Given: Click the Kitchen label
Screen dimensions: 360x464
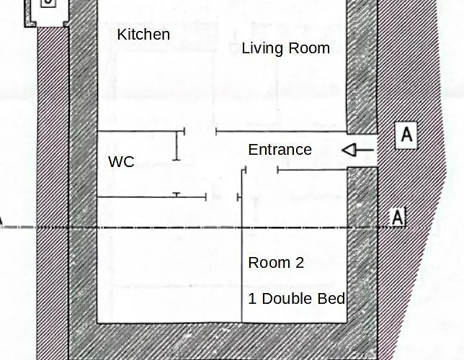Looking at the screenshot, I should coord(143,35).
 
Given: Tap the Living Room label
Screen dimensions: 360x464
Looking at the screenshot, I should coord(285,48).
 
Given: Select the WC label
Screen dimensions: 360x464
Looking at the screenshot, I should coord(121,161).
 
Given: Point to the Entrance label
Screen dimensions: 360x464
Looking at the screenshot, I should coord(280,150).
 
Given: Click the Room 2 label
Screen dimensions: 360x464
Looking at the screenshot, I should coord(276,263).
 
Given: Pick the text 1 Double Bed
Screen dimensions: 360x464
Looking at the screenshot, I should coord(297,298).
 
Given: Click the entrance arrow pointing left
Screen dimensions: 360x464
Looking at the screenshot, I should coord(357,150).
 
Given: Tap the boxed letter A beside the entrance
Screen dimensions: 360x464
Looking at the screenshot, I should coord(407,135).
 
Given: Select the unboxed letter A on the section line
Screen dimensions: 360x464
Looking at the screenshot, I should coord(398,217).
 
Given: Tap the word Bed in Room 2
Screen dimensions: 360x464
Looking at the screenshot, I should coord(334,298).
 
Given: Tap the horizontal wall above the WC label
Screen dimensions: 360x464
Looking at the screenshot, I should coord(137,131).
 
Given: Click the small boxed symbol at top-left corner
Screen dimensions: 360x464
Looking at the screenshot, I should coord(48,3).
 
